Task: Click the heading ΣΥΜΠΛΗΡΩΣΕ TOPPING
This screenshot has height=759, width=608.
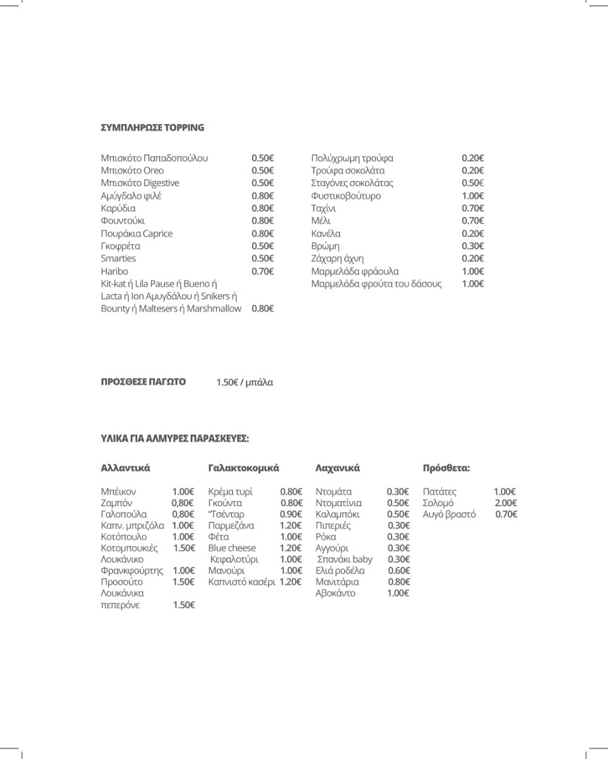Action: click(x=152, y=128)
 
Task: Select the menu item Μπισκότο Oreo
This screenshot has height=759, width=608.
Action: click(x=132, y=171)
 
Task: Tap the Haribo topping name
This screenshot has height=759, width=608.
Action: click(x=114, y=271)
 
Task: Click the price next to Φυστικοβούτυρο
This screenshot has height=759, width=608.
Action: click(x=473, y=196)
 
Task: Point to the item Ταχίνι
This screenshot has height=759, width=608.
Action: click(x=324, y=209)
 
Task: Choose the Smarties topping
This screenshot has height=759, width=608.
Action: click(x=118, y=259)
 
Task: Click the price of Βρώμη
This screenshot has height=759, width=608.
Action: click(x=473, y=246)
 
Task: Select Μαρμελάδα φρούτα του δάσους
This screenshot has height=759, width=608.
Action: click(x=376, y=284)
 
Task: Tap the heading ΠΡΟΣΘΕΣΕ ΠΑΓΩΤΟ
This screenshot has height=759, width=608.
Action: click(x=143, y=382)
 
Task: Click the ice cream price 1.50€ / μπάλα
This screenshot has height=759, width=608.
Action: click(x=245, y=383)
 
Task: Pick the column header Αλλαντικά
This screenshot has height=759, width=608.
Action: click(x=125, y=469)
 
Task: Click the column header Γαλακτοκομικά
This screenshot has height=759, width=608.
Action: click(x=243, y=469)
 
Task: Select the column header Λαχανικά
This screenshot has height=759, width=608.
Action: click(x=337, y=469)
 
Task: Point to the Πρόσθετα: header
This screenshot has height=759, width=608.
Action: click(x=446, y=469)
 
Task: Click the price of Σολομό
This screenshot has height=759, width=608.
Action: click(x=506, y=503)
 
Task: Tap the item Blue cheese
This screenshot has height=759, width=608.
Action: click(x=232, y=548)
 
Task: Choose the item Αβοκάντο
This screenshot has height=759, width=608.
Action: click(x=336, y=593)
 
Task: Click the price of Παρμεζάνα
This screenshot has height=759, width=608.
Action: click(x=291, y=526)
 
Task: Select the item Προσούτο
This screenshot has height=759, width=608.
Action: click(x=122, y=582)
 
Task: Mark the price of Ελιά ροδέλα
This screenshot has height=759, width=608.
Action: click(x=398, y=571)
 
